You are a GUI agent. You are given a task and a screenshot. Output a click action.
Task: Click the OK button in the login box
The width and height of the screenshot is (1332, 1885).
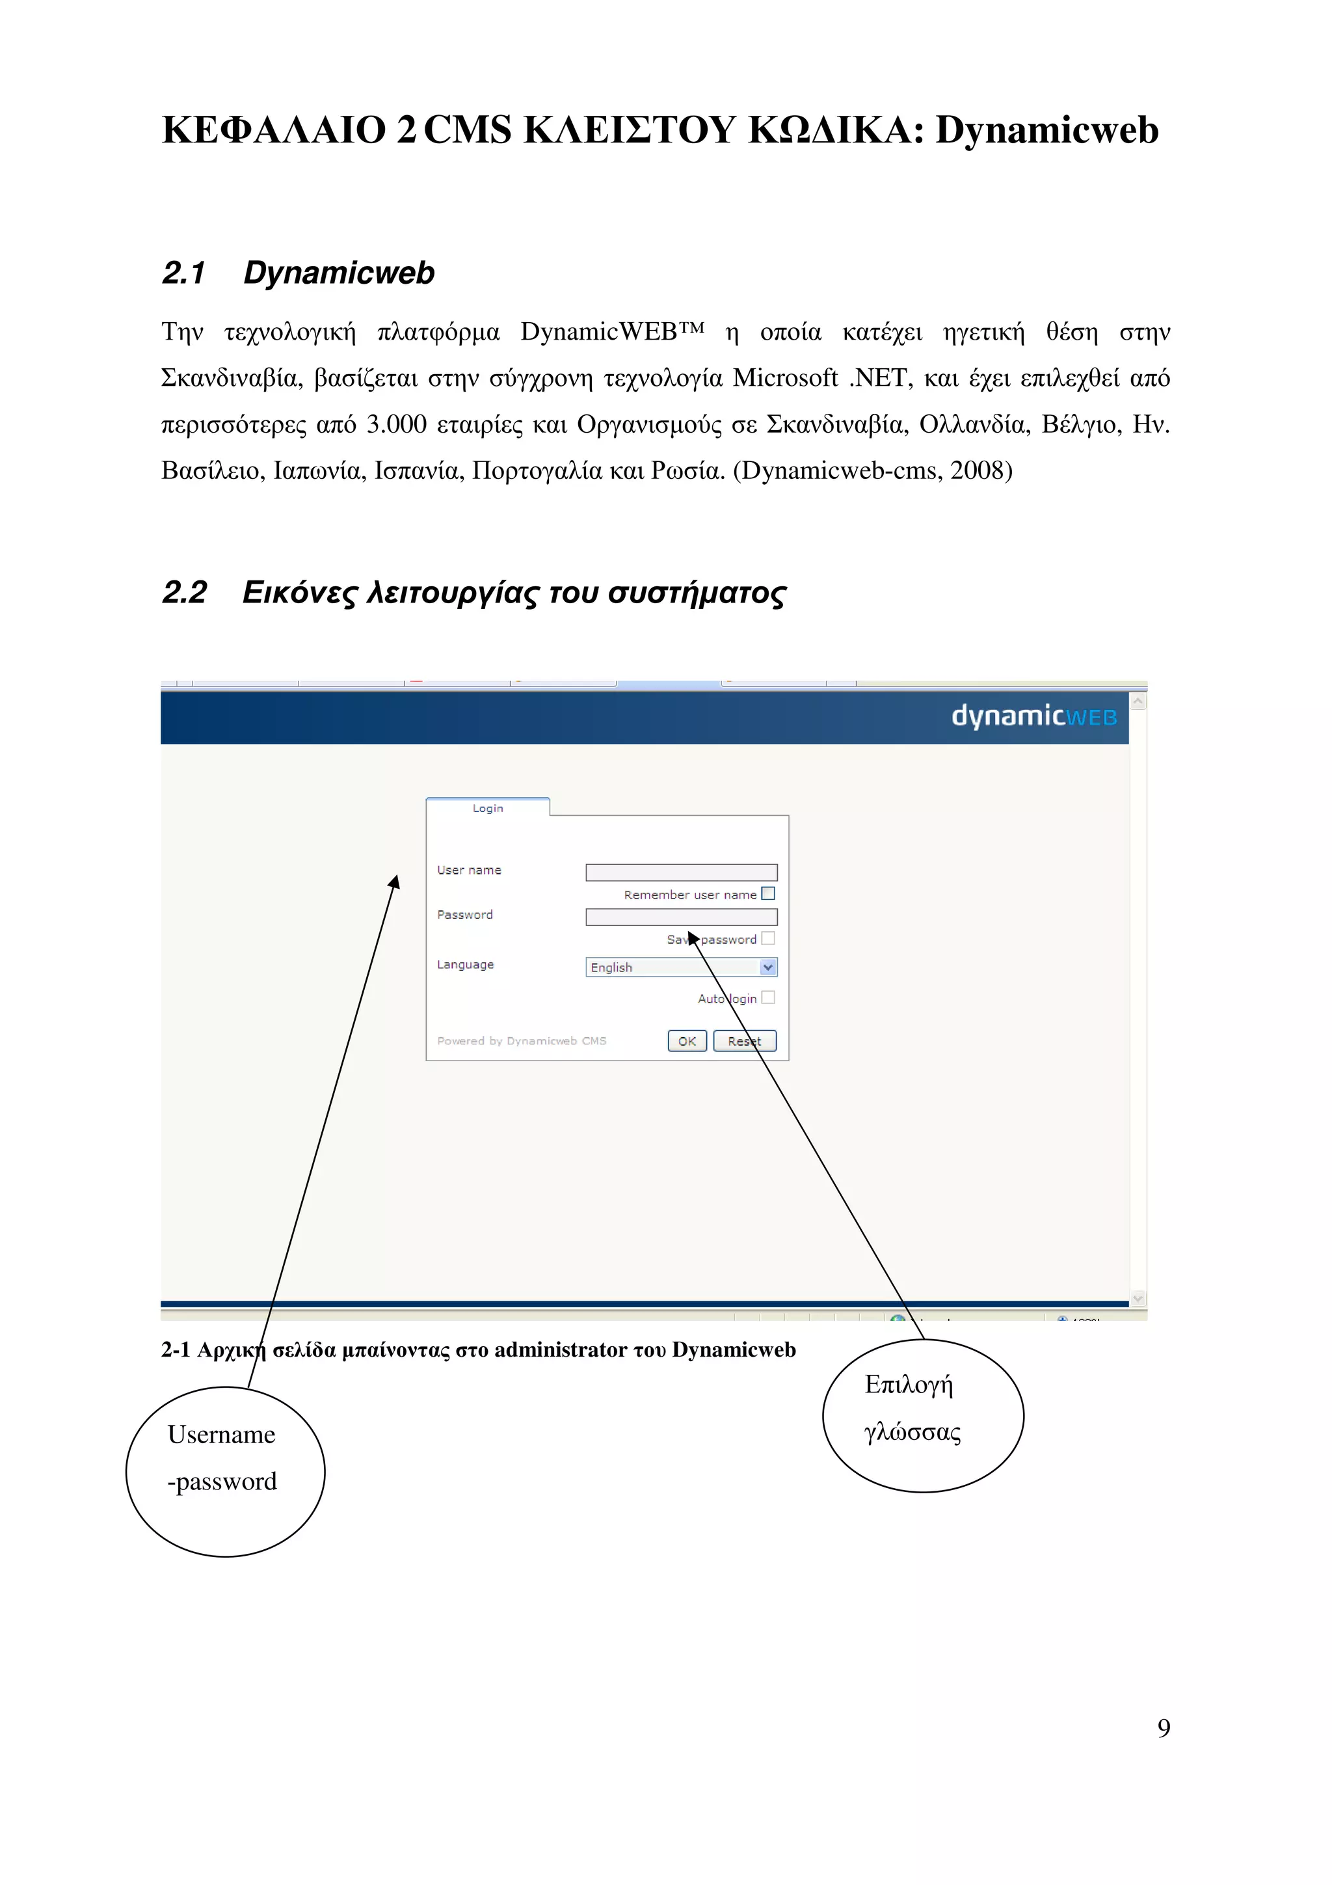point(687,1041)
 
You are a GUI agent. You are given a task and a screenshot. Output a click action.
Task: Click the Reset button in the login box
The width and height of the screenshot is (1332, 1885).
point(745,1041)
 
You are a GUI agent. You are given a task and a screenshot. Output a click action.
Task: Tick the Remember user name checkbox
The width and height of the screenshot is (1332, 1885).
point(768,893)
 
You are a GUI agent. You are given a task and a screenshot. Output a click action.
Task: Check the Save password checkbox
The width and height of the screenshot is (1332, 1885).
point(768,938)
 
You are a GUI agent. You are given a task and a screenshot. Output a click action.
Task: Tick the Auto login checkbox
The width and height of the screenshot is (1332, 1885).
point(768,997)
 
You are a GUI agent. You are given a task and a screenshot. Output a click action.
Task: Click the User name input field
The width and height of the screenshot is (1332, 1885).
point(681,872)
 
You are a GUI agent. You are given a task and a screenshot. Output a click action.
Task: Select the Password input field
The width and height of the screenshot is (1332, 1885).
point(681,917)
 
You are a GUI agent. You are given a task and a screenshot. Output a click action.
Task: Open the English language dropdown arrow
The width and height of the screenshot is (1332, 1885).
point(768,967)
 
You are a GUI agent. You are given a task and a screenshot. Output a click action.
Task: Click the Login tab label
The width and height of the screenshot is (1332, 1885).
point(488,809)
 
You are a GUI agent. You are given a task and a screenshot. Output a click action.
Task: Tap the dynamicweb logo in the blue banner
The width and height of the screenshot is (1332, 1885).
point(1033,717)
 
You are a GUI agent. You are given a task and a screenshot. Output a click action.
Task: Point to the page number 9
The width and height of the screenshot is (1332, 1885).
point(1164,1728)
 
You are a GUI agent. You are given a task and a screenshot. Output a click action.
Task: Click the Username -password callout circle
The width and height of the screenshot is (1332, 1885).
point(225,1472)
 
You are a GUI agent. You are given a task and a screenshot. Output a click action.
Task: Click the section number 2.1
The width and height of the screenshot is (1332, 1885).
point(184,273)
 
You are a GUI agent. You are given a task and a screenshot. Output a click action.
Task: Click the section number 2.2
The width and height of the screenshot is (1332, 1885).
point(185,593)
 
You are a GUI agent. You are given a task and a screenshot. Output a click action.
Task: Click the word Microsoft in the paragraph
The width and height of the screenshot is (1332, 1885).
point(784,379)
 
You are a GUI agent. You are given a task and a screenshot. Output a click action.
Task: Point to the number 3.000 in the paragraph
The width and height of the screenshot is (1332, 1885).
point(396,424)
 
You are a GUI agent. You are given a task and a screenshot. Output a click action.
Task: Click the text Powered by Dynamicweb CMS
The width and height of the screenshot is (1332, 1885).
point(521,1041)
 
